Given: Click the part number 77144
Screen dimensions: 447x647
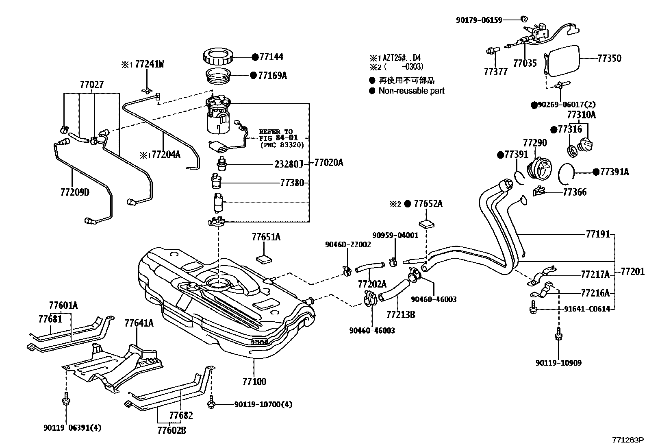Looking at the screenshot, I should pos(271,57).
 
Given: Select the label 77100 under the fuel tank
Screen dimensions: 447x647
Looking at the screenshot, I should pos(254,382).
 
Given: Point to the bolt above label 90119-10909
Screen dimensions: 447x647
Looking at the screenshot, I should pos(558,335).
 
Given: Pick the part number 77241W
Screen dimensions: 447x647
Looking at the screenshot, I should pos(149,64).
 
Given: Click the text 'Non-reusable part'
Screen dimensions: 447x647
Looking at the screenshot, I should pos(411,91).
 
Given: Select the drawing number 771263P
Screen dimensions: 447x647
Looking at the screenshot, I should pos(628,440).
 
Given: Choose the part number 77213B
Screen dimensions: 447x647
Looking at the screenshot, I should pos(400,314).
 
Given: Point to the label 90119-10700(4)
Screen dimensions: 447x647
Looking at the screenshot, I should pos(263,404).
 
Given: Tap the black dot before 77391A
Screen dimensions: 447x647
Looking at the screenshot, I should pos(595,172).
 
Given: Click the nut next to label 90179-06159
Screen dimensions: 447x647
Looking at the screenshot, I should pos(524,19).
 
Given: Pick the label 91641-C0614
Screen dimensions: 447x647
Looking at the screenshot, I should pos(587,309).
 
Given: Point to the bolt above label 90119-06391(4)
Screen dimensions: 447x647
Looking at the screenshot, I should pos(65,401).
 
